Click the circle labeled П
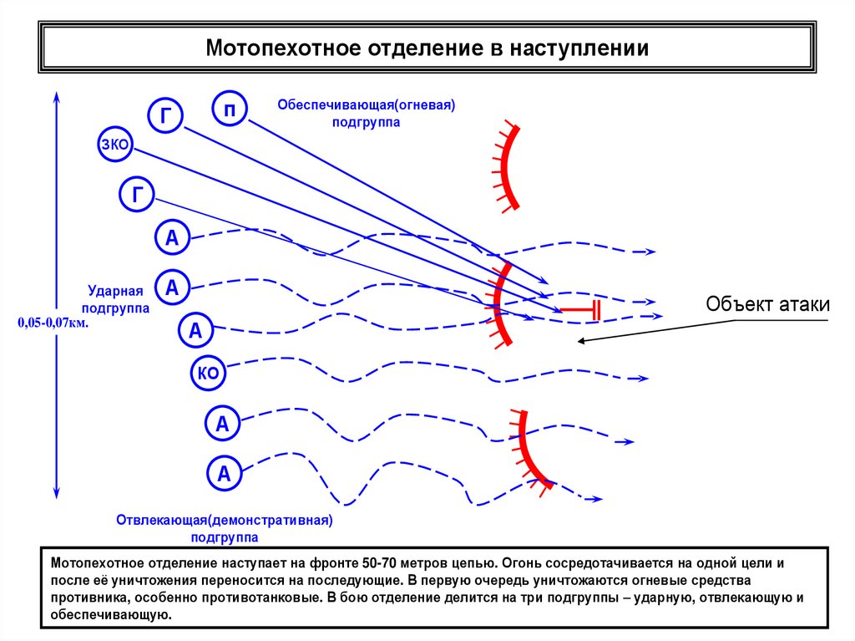pos(230,109)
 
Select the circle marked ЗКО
pos(114,145)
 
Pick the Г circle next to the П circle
pos(165,117)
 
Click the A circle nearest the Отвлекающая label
pos(224,475)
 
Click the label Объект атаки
pos(767,304)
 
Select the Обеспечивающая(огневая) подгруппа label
pos(365,114)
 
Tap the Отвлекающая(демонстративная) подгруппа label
pos(225,528)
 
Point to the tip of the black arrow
pos(579,340)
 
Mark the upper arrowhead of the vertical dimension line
pos(56,97)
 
